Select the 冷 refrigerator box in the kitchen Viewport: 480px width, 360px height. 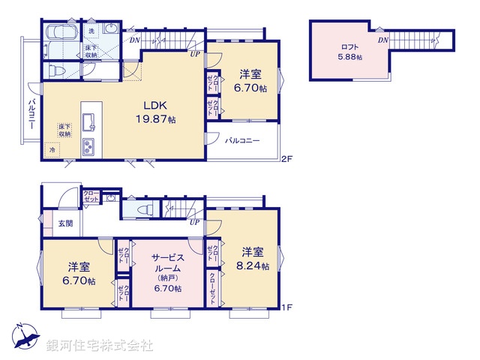[52, 149]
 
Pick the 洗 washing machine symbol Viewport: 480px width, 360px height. [91, 31]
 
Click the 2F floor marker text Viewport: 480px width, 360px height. [286, 159]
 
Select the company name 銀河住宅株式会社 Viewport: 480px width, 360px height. [100, 345]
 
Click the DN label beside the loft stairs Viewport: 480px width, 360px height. [383, 40]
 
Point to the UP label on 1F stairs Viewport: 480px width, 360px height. [194, 222]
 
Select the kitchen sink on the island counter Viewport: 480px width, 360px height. [88, 120]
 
